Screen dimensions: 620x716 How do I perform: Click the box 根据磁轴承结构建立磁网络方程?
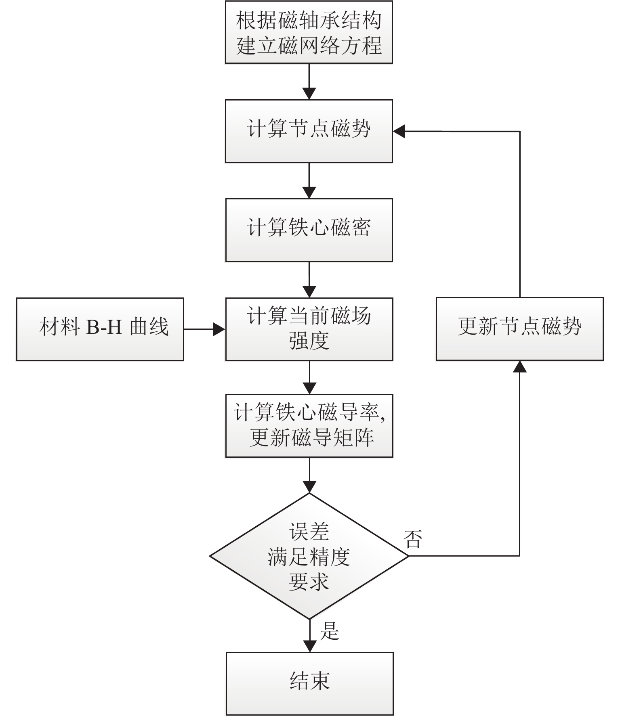(x=309, y=32)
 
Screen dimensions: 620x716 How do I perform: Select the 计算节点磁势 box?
(x=309, y=131)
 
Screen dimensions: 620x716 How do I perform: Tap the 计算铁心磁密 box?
(x=309, y=230)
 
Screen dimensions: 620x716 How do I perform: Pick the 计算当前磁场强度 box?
(x=309, y=329)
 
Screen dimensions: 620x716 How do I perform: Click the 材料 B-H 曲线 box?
(x=100, y=329)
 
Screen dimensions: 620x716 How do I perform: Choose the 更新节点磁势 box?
(x=519, y=329)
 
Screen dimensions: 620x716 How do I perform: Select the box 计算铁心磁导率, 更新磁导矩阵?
(x=309, y=426)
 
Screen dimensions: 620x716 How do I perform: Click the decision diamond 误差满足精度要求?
(x=309, y=556)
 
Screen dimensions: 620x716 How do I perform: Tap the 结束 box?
(x=309, y=684)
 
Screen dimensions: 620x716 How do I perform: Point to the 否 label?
(x=413, y=539)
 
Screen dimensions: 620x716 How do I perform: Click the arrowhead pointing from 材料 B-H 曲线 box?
(x=219, y=329)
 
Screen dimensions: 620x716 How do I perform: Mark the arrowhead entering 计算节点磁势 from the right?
(x=399, y=131)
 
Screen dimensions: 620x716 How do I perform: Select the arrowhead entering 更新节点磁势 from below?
(x=519, y=366)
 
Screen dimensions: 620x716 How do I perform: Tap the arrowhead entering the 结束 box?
(x=309, y=646)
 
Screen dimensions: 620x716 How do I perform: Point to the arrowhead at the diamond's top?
(x=309, y=487)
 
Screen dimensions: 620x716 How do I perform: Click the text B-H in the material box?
(x=104, y=327)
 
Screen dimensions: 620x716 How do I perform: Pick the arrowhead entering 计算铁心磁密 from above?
(x=309, y=193)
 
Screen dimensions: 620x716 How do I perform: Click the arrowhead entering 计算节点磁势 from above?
(x=309, y=94)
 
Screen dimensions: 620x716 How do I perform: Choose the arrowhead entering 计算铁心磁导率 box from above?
(x=309, y=388)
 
